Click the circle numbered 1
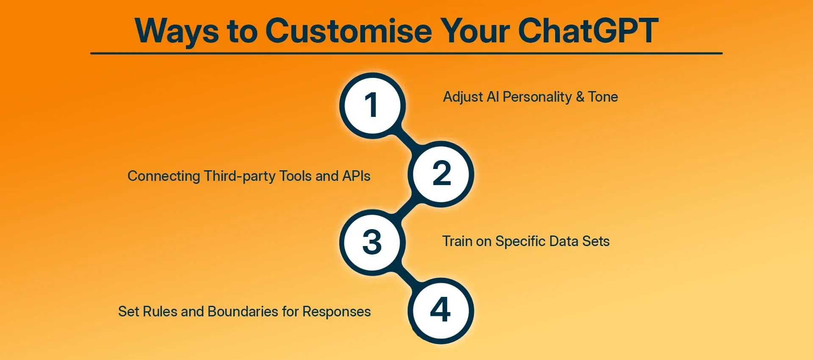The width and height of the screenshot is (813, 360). click(372, 105)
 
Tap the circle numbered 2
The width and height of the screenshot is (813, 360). click(441, 174)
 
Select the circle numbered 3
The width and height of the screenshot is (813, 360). click(372, 242)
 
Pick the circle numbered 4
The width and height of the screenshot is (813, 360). click(441, 310)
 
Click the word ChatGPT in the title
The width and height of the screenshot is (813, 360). click(588, 31)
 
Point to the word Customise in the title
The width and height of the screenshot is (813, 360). click(349, 31)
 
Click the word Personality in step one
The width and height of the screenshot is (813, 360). click(537, 97)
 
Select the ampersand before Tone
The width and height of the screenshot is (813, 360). click(580, 97)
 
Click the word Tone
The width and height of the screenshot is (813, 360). click(603, 97)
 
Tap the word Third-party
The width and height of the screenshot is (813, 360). click(240, 176)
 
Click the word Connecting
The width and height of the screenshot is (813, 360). click(164, 176)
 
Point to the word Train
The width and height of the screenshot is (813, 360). click(457, 241)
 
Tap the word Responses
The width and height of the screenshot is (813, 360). click(337, 312)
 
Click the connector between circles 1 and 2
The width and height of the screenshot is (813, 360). click(407, 140)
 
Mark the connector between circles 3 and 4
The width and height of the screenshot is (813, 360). click(407, 277)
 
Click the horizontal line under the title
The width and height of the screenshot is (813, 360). click(406, 53)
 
